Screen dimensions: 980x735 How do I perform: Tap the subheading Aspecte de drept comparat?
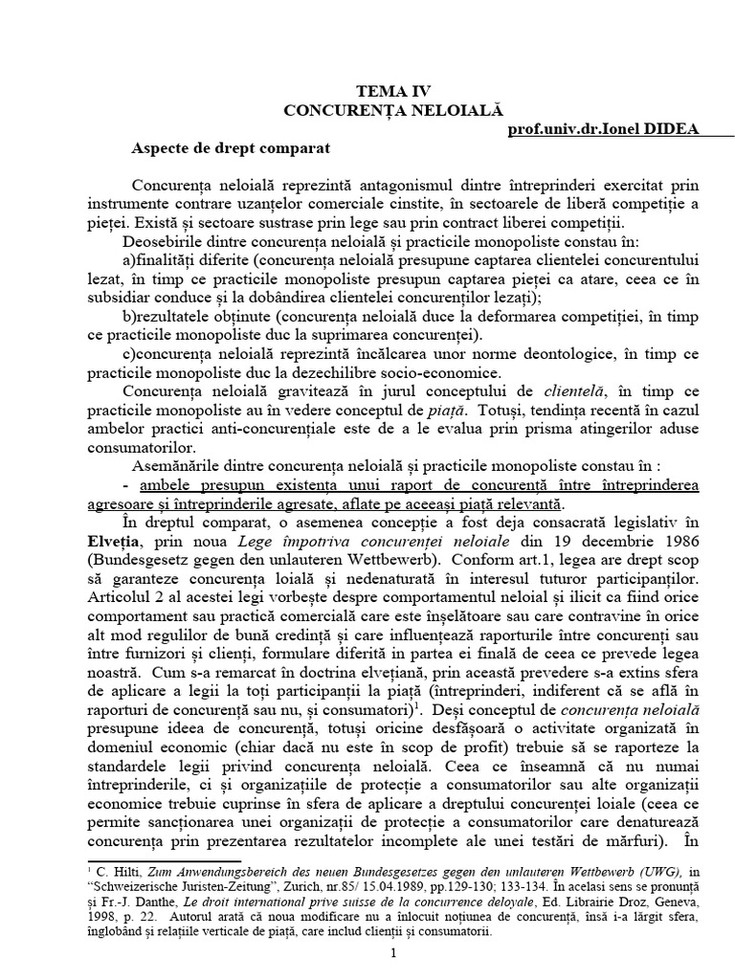(230, 149)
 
